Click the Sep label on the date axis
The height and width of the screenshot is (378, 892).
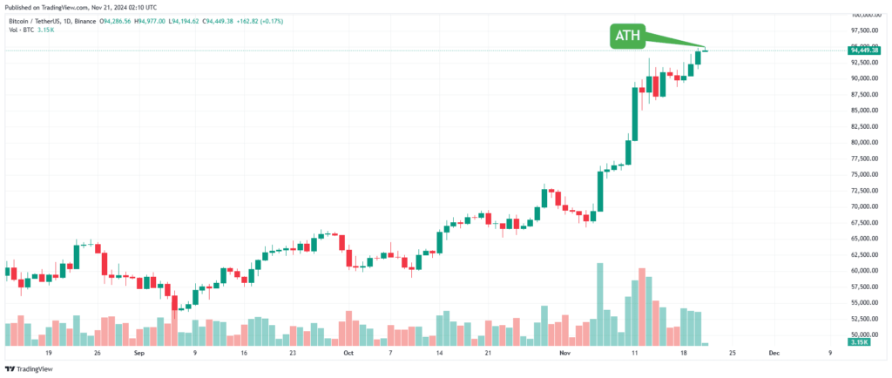pos(139,354)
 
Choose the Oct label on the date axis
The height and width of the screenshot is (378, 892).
pos(348,354)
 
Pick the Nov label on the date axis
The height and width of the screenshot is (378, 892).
pos(564,354)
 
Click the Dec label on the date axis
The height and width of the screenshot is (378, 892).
pos(774,354)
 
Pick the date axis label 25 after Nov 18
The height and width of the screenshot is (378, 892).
pos(732,354)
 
